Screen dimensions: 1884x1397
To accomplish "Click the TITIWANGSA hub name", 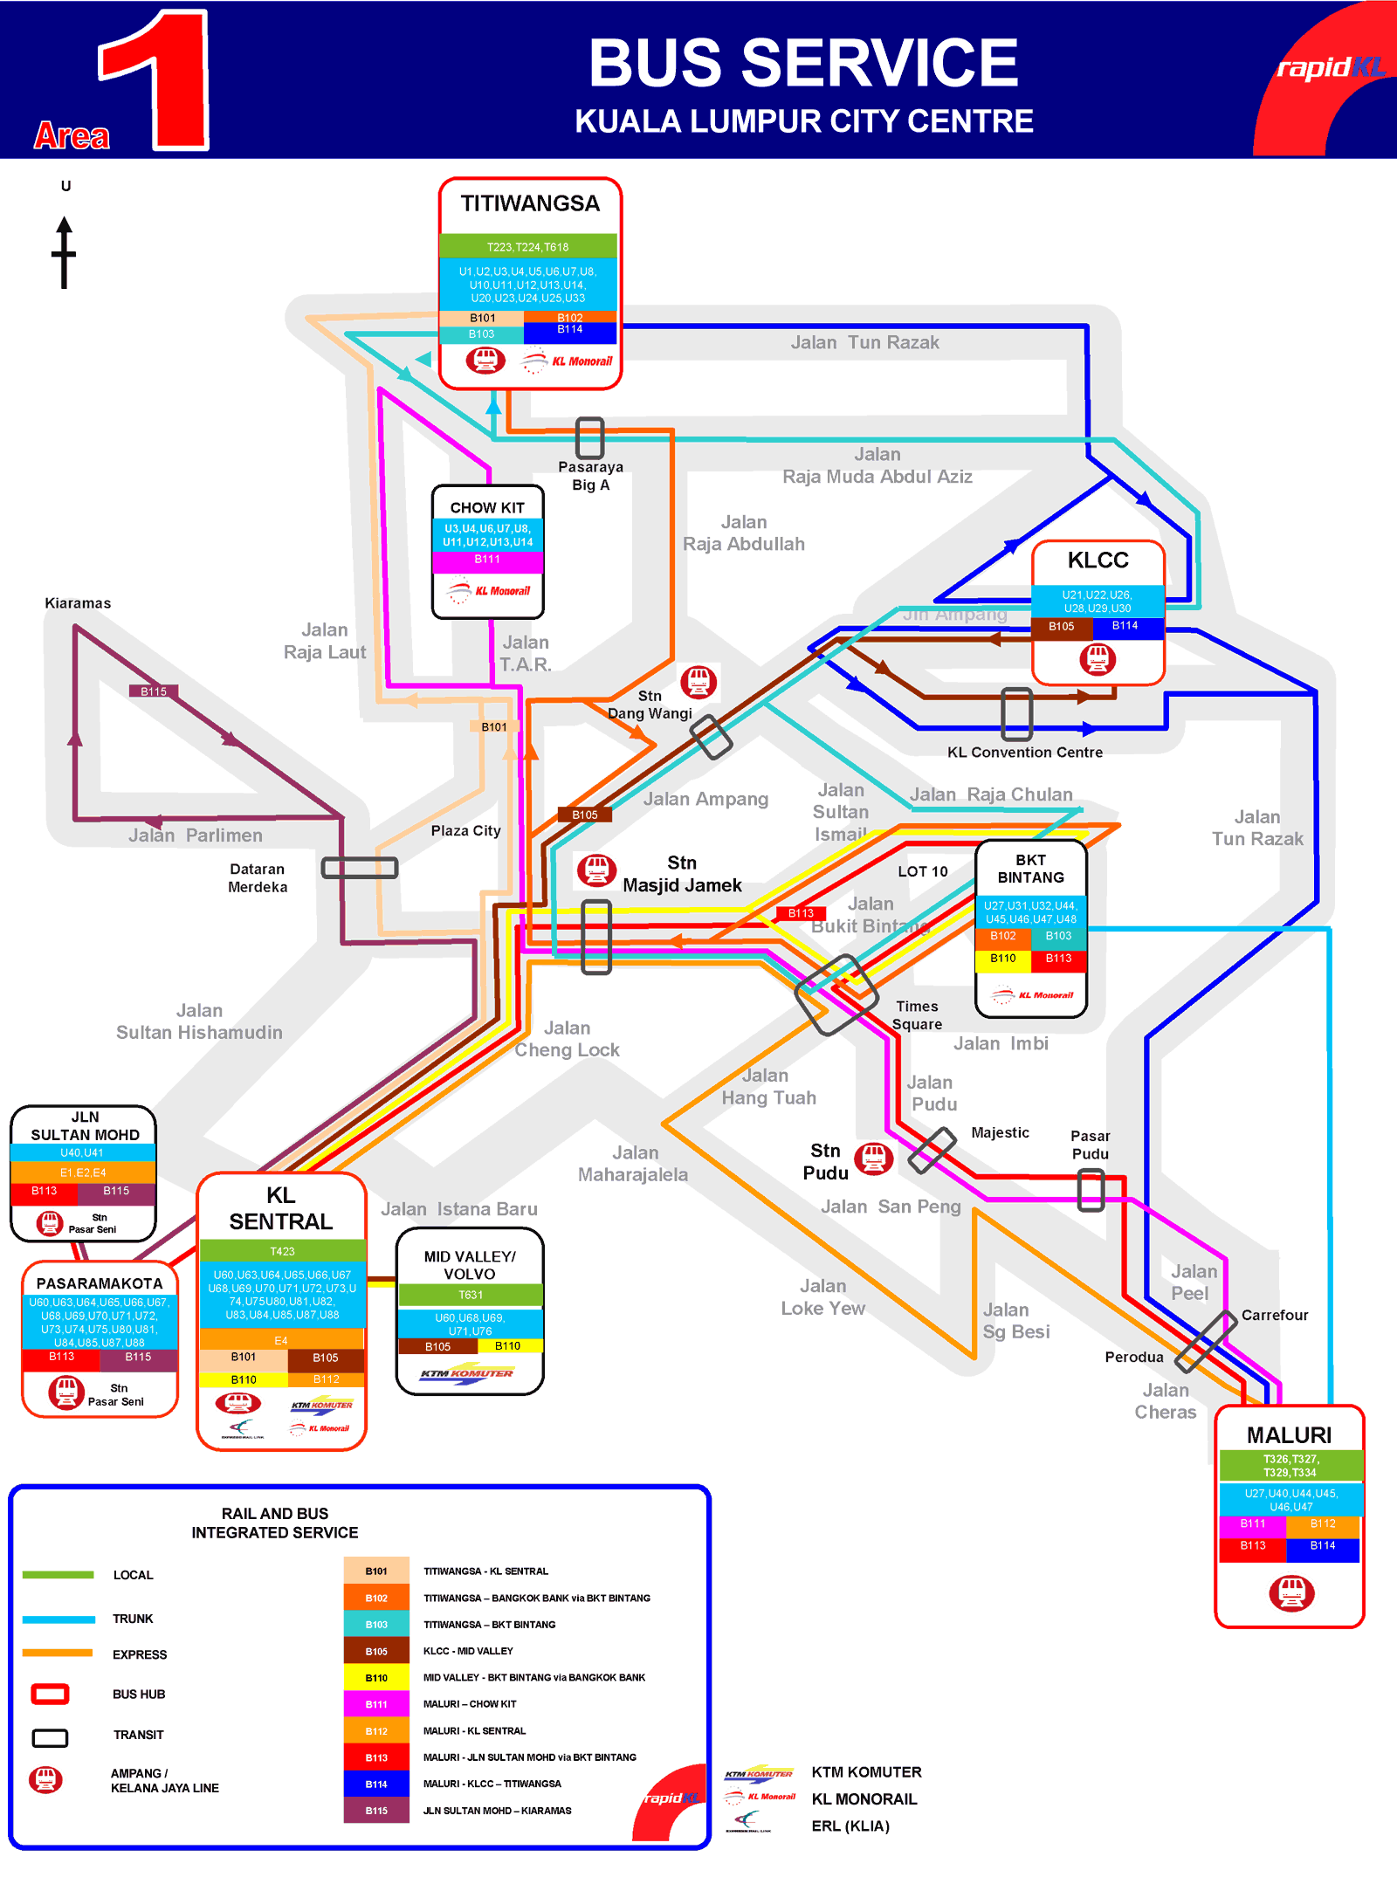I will tap(530, 203).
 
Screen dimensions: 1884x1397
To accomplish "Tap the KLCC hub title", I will tap(1098, 560).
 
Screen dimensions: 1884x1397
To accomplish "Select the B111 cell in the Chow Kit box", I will tap(487, 560).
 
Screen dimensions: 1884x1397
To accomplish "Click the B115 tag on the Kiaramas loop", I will tap(154, 691).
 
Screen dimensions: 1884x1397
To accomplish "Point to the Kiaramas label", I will tap(78, 603).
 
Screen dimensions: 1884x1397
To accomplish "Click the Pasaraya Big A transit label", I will tap(590, 476).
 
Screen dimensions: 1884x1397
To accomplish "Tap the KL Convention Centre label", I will tap(1024, 753).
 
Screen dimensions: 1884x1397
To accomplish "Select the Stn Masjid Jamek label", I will tap(682, 874).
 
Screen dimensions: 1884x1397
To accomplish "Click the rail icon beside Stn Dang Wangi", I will tap(698, 681).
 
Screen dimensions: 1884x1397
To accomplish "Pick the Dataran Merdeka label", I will tap(258, 878).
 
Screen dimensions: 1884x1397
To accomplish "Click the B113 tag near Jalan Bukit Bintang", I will tap(801, 913).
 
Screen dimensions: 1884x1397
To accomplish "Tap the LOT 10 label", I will tap(922, 871).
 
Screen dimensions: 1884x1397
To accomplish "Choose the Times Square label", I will tap(917, 1015).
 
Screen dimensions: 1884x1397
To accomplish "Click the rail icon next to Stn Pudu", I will tap(873, 1159).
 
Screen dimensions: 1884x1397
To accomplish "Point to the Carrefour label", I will tap(1274, 1315).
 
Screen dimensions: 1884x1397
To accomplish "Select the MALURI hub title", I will tap(1289, 1435).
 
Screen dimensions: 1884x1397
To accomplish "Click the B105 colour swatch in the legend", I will tap(376, 1651).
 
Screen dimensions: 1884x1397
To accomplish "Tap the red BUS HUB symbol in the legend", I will tap(50, 1695).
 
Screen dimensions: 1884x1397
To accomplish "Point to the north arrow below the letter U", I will tap(64, 252).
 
